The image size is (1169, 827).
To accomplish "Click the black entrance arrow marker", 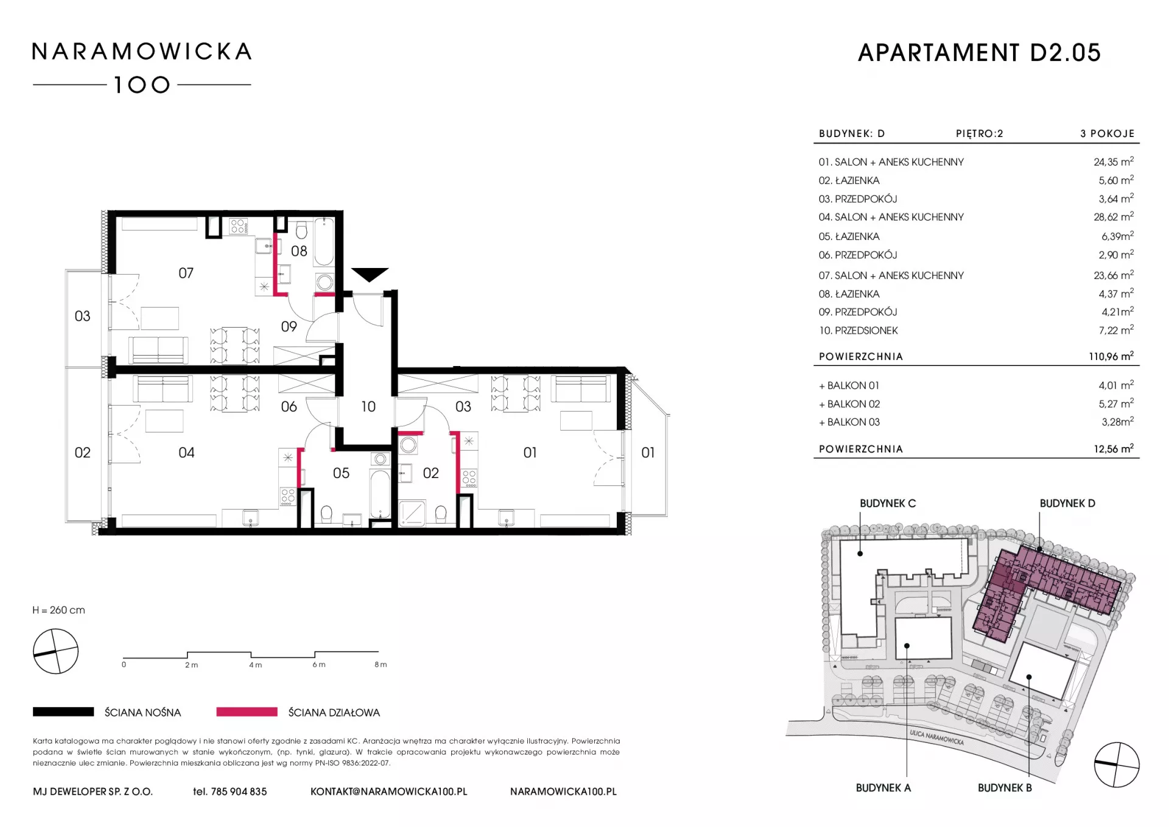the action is tap(370, 275).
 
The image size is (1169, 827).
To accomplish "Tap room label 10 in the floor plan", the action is tap(368, 407).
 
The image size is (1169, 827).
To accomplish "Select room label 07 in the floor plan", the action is tap(186, 273).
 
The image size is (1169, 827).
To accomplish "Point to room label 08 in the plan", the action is tap(299, 251).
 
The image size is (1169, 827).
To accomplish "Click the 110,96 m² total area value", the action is tap(1111, 356).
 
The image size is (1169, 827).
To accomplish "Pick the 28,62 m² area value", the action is tap(1114, 217).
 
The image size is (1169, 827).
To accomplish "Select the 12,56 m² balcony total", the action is tap(1114, 449).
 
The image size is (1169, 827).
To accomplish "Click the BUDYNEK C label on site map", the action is tap(888, 504).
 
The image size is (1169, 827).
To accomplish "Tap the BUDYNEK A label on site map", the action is tap(883, 788).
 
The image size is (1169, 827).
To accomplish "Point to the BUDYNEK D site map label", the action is tap(1067, 504).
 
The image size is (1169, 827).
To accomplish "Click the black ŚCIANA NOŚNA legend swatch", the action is tap(63, 712).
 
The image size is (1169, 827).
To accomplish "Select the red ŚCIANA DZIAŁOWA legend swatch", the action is tap(247, 712).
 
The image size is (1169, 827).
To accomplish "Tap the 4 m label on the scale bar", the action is tap(256, 665).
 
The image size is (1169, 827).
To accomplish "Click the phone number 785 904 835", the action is tap(239, 792).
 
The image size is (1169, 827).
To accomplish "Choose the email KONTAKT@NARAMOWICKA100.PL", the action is tap(389, 792).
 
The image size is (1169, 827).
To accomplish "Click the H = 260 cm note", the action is tap(59, 610).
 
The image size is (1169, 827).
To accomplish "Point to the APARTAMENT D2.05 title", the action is tap(980, 53).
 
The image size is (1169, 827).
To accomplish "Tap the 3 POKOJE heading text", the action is tap(1108, 133).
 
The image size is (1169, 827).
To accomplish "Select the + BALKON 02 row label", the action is tap(849, 404).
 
